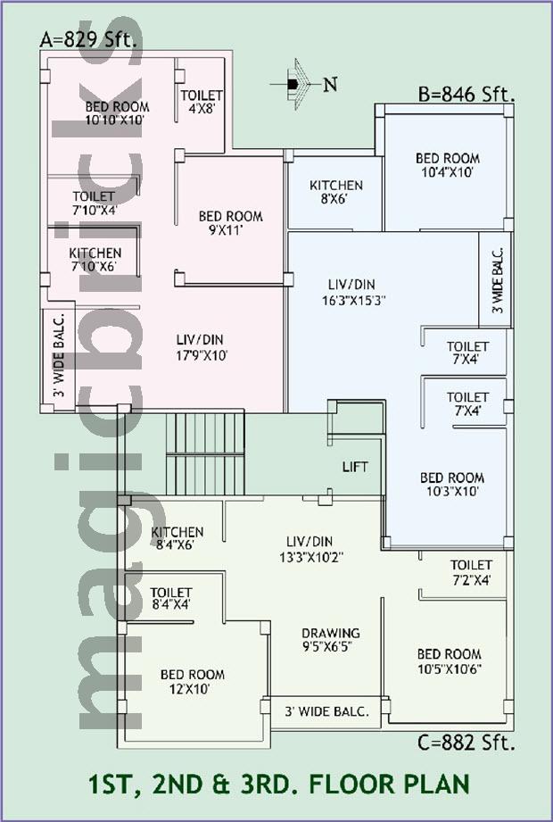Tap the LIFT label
(x=355, y=467)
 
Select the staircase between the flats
(x=205, y=454)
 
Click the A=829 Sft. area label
(x=92, y=40)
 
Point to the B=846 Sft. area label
(x=466, y=95)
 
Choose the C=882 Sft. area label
(x=466, y=743)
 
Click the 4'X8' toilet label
(x=202, y=102)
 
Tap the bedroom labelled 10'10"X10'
(x=118, y=113)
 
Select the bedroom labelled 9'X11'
(x=230, y=223)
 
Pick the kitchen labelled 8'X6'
(x=335, y=192)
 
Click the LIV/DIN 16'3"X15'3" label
(x=354, y=292)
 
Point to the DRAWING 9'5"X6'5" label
(x=330, y=640)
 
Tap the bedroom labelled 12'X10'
(x=192, y=682)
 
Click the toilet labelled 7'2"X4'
(x=471, y=572)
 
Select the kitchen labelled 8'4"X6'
(x=177, y=538)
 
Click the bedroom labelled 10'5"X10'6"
(x=450, y=661)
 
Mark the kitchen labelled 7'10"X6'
(x=95, y=260)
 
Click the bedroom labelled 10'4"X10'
(x=447, y=164)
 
